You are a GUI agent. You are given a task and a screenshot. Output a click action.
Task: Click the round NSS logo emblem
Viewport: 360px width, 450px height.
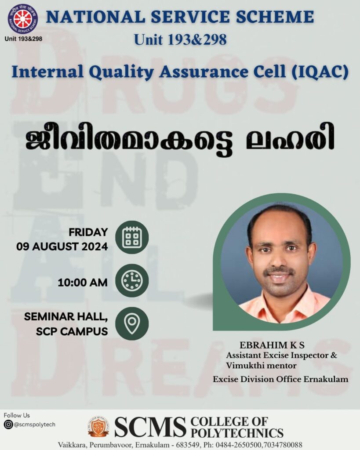pyautogui.click(x=23, y=18)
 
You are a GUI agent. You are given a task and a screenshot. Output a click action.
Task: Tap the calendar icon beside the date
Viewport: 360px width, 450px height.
pyautogui.click(x=132, y=237)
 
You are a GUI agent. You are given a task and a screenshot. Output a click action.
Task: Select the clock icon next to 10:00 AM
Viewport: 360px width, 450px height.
pyautogui.click(x=132, y=280)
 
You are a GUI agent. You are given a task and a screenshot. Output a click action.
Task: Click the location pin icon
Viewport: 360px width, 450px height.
pyautogui.click(x=132, y=324)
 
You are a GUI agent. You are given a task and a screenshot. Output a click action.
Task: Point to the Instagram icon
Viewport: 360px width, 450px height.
pyautogui.click(x=8, y=425)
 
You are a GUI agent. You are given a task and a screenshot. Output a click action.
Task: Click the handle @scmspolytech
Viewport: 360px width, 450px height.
pyautogui.click(x=34, y=425)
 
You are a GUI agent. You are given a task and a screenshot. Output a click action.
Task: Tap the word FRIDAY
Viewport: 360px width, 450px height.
pyautogui.click(x=88, y=232)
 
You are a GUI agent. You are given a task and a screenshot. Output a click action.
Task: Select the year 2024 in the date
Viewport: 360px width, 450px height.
pyautogui.click(x=95, y=247)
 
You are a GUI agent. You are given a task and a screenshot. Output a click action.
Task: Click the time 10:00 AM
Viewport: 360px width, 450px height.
pyautogui.click(x=82, y=283)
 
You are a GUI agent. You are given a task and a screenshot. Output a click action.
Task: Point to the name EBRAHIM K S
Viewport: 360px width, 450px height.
pyautogui.click(x=272, y=345)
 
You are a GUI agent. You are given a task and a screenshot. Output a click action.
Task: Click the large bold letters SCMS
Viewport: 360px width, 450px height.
pyautogui.click(x=150, y=427)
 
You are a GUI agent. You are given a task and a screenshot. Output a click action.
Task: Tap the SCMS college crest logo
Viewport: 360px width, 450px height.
pyautogui.click(x=98, y=426)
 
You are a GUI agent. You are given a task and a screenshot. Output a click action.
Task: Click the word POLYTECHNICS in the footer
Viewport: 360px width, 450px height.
pyautogui.click(x=237, y=432)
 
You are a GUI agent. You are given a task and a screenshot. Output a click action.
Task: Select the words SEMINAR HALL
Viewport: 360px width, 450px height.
pyautogui.click(x=66, y=316)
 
